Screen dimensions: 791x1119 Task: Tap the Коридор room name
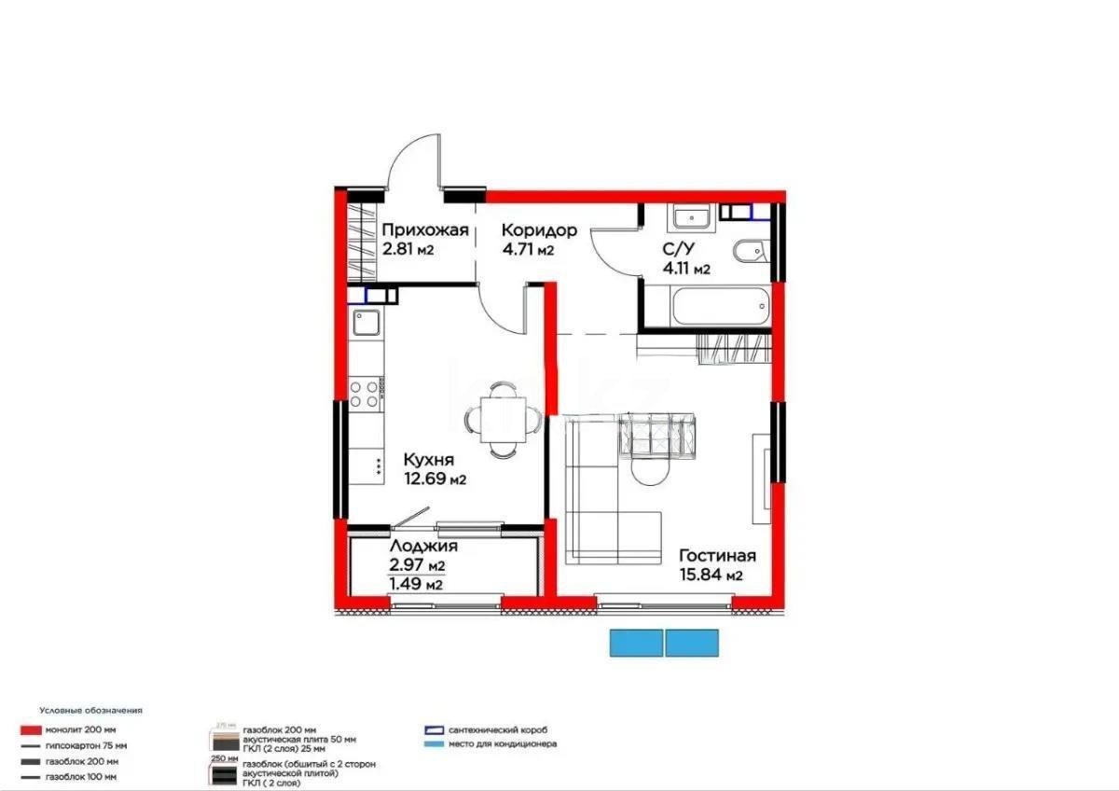(539, 229)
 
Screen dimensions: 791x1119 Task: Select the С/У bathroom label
(679, 248)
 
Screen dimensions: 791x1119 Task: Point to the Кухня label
(429, 460)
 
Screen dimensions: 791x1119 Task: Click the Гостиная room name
(716, 556)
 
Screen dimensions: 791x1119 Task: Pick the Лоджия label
(423, 547)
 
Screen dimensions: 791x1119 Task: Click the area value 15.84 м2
(711, 576)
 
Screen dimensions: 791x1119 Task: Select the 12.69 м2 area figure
(435, 479)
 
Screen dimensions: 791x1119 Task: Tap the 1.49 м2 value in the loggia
(416, 585)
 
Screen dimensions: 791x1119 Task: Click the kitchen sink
(366, 324)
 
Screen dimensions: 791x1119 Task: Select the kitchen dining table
(501, 419)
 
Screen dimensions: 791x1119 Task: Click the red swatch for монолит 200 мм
(32, 729)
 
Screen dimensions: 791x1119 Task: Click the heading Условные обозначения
(91, 710)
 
